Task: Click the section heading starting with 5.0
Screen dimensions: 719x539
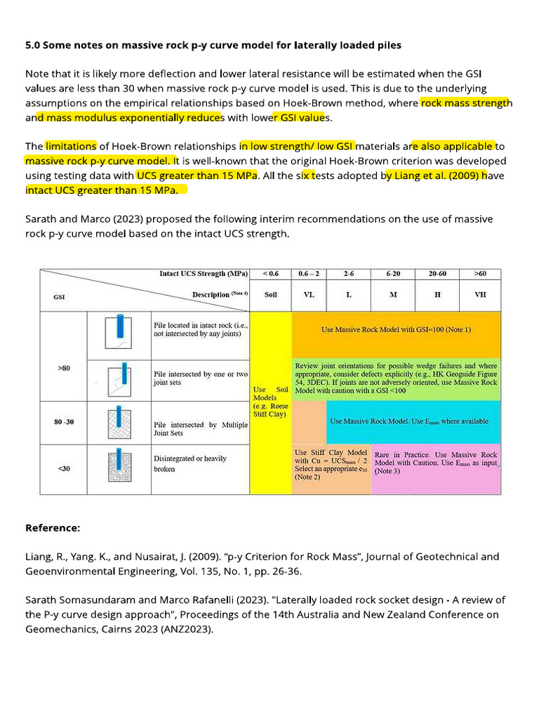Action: [x=213, y=46]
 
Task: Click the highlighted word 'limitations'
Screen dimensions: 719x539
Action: [x=71, y=146]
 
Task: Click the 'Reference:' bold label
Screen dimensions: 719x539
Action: [x=53, y=527]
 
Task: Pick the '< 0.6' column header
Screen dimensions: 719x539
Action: [x=270, y=273]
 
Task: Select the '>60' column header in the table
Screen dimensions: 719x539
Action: [x=479, y=273]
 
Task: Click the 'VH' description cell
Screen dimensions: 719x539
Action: [x=479, y=295]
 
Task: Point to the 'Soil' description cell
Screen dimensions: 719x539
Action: [x=270, y=295]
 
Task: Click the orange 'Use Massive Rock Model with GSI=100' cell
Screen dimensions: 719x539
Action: [x=396, y=329]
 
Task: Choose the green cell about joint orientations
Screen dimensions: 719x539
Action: [x=396, y=378]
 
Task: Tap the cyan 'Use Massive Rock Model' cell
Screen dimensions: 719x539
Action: [x=413, y=421]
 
